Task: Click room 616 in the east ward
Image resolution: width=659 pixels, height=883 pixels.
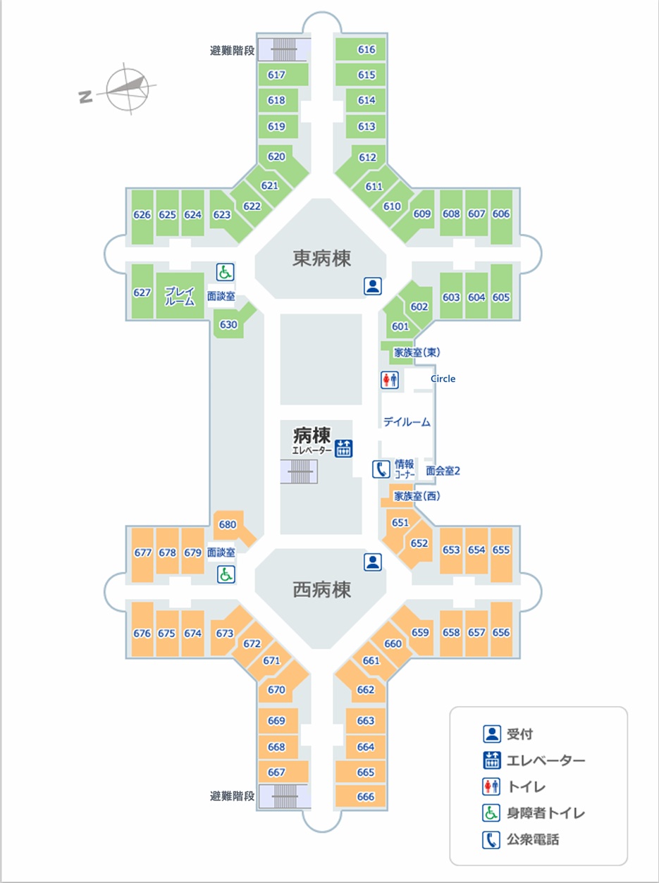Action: [x=367, y=50]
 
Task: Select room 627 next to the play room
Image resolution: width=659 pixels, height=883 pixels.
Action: [x=142, y=292]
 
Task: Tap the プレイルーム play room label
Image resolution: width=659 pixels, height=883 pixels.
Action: [x=179, y=296]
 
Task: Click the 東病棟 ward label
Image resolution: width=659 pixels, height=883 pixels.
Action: [x=321, y=259]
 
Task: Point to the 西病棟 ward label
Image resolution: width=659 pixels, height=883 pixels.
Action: [x=321, y=589]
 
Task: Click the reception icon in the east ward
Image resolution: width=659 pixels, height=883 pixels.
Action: [x=373, y=285]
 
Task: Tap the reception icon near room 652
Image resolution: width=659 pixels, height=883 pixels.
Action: [x=373, y=562]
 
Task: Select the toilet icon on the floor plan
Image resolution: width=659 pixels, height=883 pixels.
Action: [x=390, y=380]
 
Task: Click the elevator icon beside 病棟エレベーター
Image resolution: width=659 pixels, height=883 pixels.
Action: [x=343, y=448]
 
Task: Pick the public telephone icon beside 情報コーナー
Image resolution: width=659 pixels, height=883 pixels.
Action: [x=381, y=469]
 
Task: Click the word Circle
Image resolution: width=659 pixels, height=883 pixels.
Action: [x=443, y=379]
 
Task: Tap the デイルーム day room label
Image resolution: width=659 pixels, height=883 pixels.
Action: [x=407, y=422]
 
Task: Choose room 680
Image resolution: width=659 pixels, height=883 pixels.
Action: [x=228, y=524]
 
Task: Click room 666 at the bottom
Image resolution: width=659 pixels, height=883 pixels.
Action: [x=366, y=797]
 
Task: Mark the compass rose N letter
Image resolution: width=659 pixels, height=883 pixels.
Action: [x=86, y=97]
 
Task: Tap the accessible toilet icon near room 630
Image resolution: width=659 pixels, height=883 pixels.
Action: [x=225, y=272]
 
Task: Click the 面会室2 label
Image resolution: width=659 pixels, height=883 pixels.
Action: [x=443, y=471]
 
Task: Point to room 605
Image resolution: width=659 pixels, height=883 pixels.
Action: [x=501, y=297]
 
